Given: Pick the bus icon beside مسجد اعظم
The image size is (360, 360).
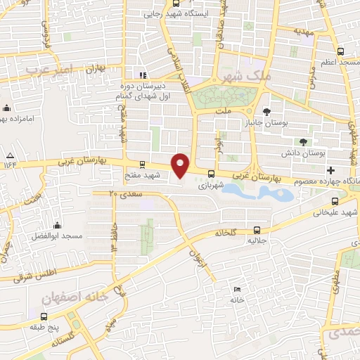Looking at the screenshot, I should [341, 51].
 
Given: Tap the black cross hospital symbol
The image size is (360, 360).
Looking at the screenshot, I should [330, 171].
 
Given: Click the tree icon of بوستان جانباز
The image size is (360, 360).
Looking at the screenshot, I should [266, 111].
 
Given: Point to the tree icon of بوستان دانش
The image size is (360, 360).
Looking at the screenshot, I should [304, 141].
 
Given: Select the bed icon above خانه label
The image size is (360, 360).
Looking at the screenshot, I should [237, 289].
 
